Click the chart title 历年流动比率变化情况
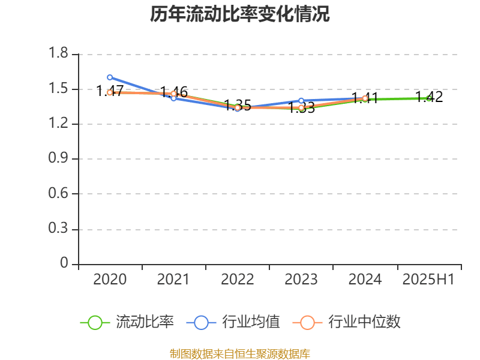click(x=239, y=14)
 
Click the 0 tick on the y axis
click(x=65, y=264)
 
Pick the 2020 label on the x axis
click(x=110, y=279)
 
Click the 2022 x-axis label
click(x=237, y=279)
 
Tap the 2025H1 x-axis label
click(x=428, y=279)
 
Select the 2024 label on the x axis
click(x=365, y=279)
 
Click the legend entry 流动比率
click(x=145, y=322)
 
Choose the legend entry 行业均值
click(x=251, y=322)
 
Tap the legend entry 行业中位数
click(x=364, y=322)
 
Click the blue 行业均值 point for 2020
click(x=110, y=77)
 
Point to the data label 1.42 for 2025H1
click(x=429, y=97)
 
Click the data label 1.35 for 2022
click(x=238, y=106)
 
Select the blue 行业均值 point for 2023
click(x=301, y=101)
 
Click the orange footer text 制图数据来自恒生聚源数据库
click(x=239, y=353)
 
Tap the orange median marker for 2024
click(x=365, y=98)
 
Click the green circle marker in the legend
click(x=95, y=322)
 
